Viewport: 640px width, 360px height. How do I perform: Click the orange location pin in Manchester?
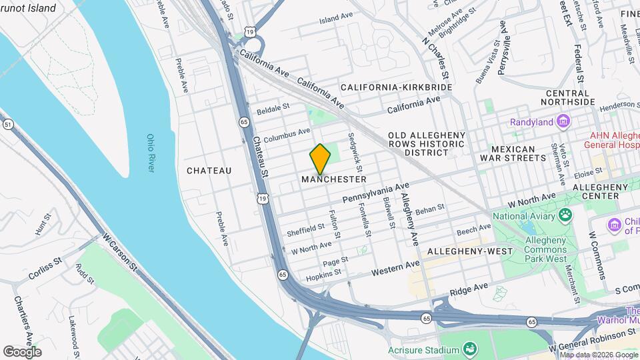pos(321,159)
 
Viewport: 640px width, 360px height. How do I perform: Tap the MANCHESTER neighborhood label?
pos(333,179)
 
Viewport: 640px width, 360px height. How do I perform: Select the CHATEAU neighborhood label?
pos(209,171)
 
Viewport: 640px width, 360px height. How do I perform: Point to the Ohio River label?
pos(150,153)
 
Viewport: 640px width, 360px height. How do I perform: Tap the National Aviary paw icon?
pos(566,215)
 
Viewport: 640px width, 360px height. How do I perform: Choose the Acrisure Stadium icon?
pos(471,349)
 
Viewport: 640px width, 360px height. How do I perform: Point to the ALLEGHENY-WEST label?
pos(470,251)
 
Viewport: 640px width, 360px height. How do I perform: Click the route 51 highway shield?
pos(8,125)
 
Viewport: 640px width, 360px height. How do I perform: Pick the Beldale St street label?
pos(273,107)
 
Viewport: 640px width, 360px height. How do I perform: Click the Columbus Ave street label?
pos(287,135)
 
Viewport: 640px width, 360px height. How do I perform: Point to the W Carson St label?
pos(120,251)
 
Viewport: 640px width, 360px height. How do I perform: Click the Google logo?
pos(22,351)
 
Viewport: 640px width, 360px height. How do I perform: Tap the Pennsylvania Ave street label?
pos(375,195)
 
